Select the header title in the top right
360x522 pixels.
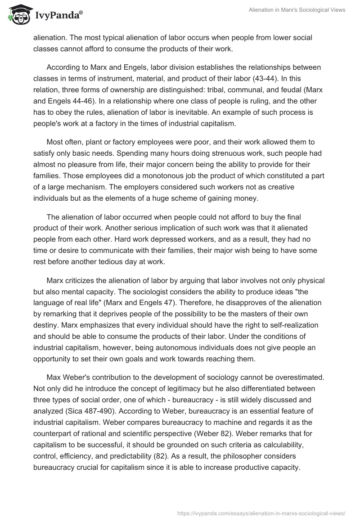click(x=297, y=10)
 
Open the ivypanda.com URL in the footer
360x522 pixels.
click(x=261, y=513)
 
